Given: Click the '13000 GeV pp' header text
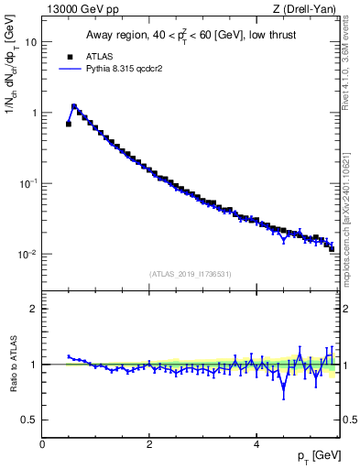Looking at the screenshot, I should click(81, 9).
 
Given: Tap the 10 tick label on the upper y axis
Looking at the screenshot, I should click(31, 42).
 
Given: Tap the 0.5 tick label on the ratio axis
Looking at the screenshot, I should click(29, 420).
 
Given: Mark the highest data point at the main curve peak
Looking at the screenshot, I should click(74, 106).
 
